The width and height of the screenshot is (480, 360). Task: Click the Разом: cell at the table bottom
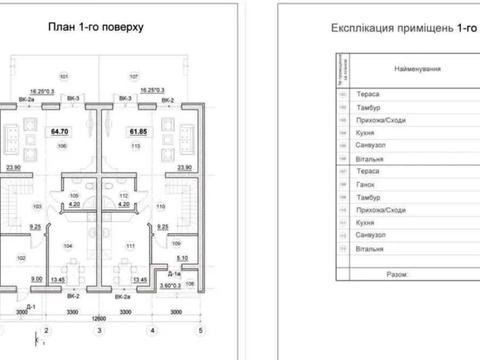click(398, 270)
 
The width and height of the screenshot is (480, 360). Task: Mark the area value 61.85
click(138, 131)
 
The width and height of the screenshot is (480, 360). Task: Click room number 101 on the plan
click(63, 76)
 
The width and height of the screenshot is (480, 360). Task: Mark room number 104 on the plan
click(69, 244)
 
